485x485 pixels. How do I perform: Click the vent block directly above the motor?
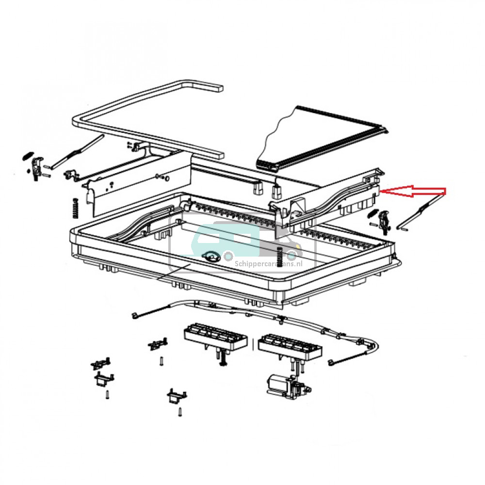pyautogui.click(x=290, y=346)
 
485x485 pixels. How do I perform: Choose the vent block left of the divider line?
pyautogui.click(x=216, y=336)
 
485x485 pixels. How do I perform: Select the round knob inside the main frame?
pyautogui.click(x=212, y=256)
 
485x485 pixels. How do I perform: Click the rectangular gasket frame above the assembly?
pyautogui.click(x=145, y=121)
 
